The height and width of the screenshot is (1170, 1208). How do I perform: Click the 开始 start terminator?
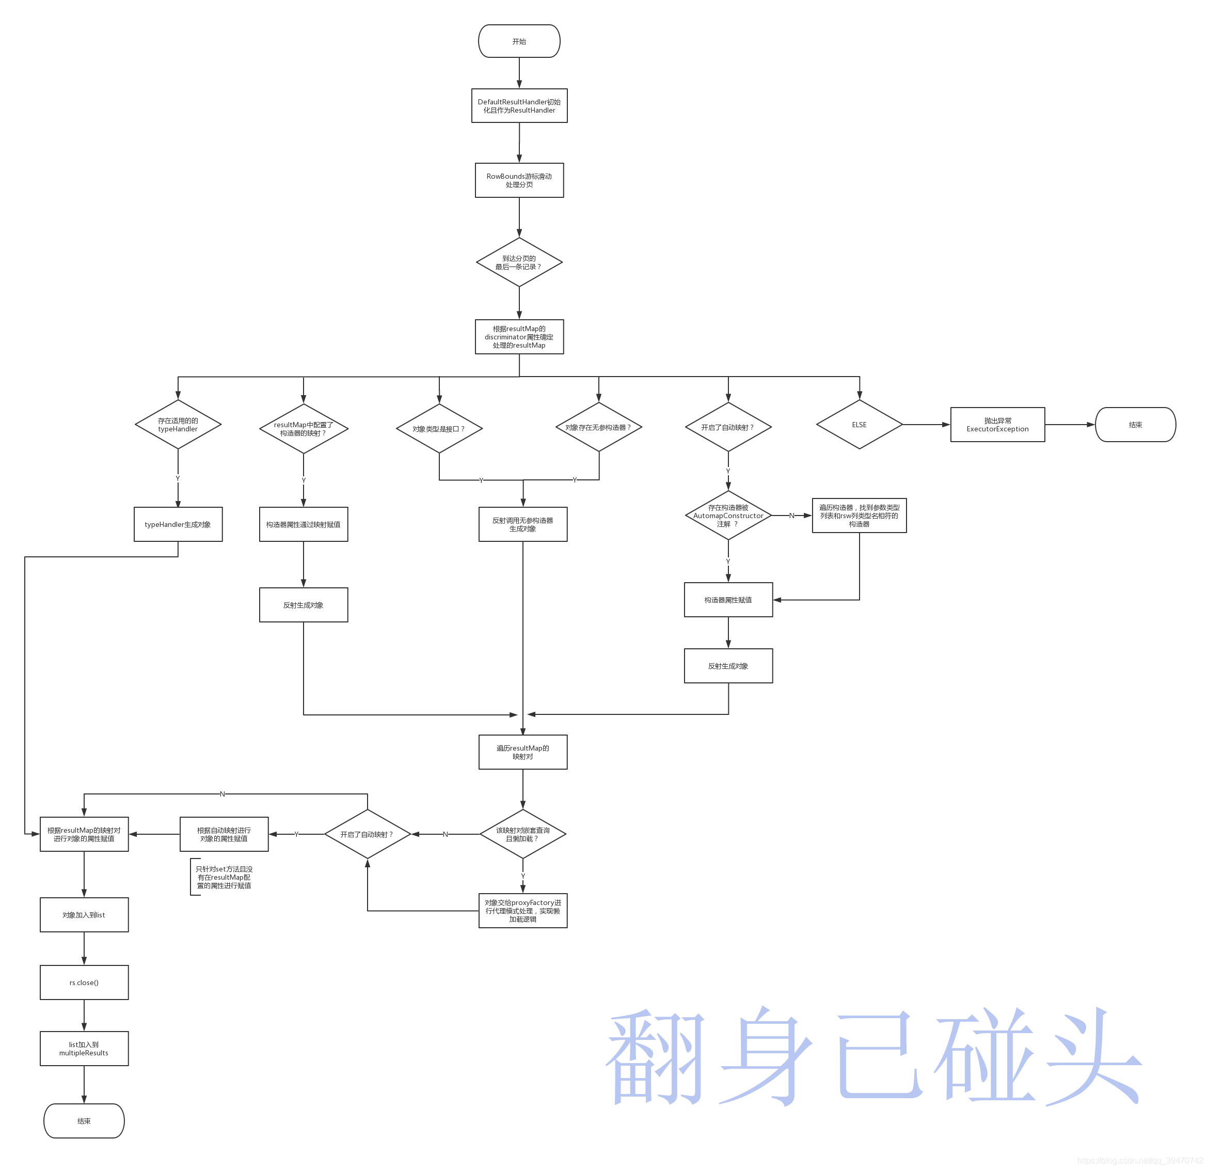point(519,41)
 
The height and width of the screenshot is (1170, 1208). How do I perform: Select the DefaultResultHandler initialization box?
point(519,106)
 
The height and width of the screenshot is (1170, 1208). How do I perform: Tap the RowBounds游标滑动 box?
point(519,180)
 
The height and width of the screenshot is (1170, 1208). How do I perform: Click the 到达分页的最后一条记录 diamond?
point(519,263)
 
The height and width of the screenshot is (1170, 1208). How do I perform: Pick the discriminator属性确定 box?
point(519,337)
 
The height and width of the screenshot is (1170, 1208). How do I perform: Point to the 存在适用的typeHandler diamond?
point(178,425)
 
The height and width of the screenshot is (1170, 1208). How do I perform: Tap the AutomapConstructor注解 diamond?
point(728,516)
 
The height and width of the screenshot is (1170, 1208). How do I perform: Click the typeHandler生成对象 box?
point(178,524)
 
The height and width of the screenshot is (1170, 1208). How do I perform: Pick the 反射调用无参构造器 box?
point(522,524)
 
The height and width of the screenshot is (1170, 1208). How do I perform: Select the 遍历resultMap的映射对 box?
point(522,752)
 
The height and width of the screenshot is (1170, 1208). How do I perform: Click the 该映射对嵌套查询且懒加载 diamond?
point(522,834)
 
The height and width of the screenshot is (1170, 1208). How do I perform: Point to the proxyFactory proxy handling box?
point(522,910)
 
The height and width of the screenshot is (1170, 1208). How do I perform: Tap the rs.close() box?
point(84,982)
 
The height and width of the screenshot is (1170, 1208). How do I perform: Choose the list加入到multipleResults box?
point(84,1049)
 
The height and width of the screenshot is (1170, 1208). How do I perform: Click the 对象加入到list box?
point(84,915)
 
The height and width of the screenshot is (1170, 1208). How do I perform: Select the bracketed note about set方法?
point(223,877)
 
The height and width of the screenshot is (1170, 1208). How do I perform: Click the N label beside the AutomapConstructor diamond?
point(792,516)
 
